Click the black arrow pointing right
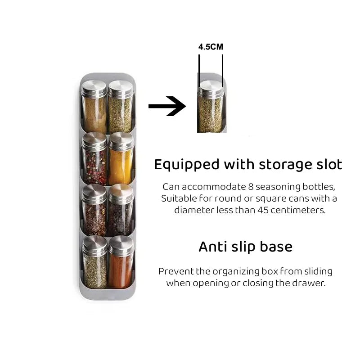coord(167,106)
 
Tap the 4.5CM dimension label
coord(211,47)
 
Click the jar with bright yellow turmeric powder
coord(121,159)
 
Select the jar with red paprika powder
coord(121,262)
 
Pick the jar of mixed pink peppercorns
coord(94,159)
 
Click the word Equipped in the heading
coord(187,165)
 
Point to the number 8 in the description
coord(251,187)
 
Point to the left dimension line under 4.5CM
coord(199,71)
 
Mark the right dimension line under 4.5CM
coord(222,71)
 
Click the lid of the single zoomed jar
coord(210,88)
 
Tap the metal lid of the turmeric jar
coord(121,141)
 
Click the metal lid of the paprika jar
coord(121,245)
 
